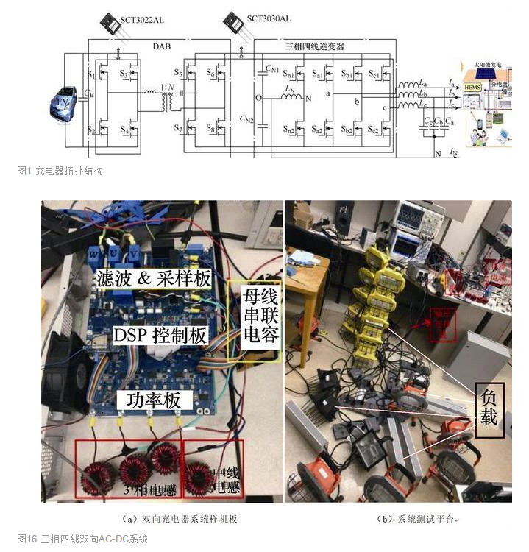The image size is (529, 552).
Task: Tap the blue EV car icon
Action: (x=65, y=104)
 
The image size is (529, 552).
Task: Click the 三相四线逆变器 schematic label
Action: (x=314, y=46)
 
